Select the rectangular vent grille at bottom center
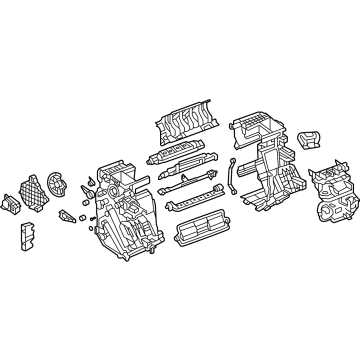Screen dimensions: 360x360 [x=182, y=232]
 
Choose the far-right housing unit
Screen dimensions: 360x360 [x=330, y=190]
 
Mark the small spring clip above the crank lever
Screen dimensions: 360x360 [x=90, y=179]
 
